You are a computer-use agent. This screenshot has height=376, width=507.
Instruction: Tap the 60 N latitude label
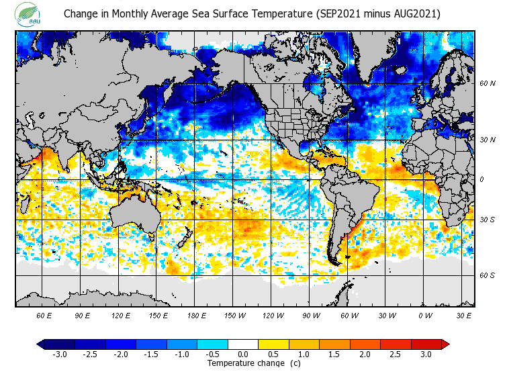(488, 84)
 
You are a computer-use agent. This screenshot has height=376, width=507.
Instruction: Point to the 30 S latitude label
(488, 220)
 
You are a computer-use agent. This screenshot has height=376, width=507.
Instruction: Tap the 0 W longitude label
(425, 315)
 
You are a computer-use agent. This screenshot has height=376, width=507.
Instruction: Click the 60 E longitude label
(44, 315)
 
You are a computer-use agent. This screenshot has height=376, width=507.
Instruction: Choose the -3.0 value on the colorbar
(59, 354)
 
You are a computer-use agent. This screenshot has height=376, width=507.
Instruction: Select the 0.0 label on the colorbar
(243, 354)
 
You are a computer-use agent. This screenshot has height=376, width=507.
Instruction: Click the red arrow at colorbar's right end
(445, 344)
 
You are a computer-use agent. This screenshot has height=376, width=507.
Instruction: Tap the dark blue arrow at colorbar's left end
(41, 344)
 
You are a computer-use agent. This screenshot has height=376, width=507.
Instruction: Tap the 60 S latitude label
(488, 275)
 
